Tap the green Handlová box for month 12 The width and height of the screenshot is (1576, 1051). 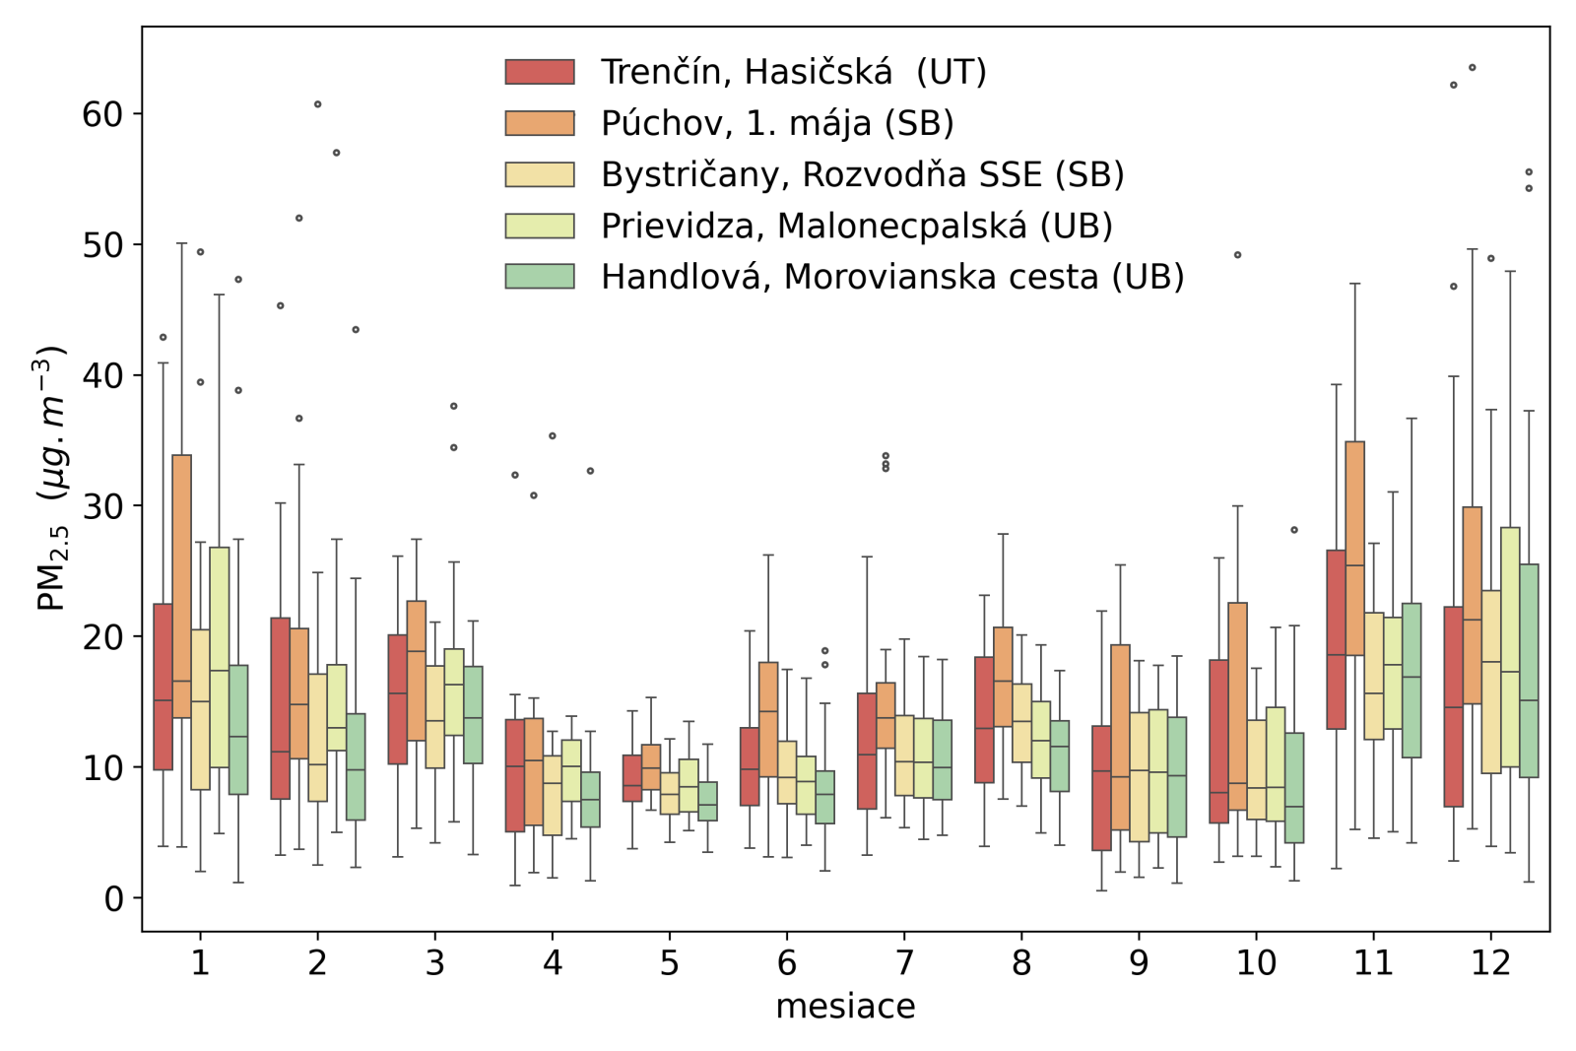(1529, 671)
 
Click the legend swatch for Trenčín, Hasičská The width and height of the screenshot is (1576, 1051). (540, 72)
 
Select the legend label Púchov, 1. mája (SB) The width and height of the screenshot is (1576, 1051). (777, 123)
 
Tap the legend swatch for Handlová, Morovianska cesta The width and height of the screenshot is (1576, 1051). (540, 276)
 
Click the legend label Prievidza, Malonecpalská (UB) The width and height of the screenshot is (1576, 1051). (856, 226)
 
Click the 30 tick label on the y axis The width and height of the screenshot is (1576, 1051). (102, 506)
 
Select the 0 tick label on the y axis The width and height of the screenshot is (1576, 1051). (113, 898)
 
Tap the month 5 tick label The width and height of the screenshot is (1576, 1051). (670, 962)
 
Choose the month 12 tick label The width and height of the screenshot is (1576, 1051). (1490, 962)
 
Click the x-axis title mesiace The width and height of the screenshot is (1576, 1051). (845, 1007)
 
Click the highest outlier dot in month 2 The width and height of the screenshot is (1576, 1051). (317, 104)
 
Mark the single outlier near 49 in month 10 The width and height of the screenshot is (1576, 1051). (1238, 255)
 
